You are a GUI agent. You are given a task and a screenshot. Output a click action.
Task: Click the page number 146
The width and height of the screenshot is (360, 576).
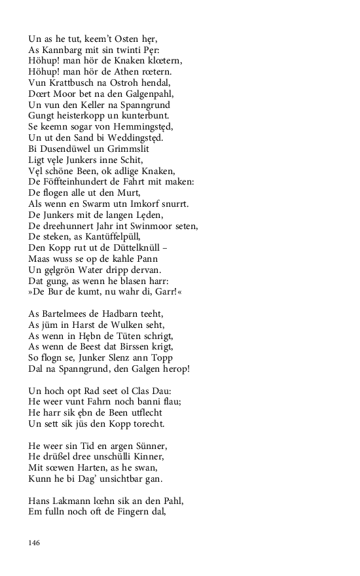35,542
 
